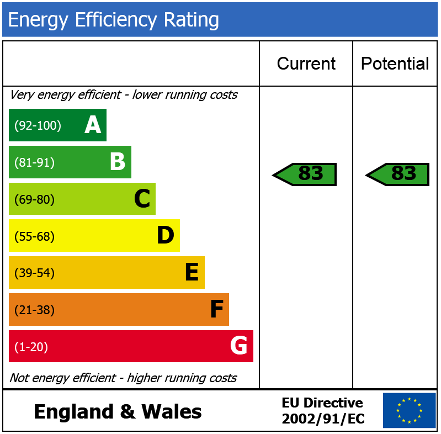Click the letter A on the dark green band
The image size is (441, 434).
pyautogui.click(x=93, y=125)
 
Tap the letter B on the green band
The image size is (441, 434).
pyautogui.click(x=117, y=162)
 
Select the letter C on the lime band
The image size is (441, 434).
pyautogui.click(x=142, y=199)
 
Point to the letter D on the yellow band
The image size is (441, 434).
pyautogui.click(x=166, y=236)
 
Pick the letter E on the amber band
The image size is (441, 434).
pyautogui.click(x=191, y=273)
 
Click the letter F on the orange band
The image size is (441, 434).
pyautogui.click(x=216, y=310)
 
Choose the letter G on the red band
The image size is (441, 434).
pyautogui.click(x=238, y=346)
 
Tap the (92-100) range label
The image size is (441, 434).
pyautogui.click(x=38, y=126)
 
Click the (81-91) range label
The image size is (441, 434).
pyautogui.click(x=34, y=163)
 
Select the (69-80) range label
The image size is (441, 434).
pyautogui.click(x=34, y=200)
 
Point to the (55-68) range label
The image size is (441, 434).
pyautogui.click(x=34, y=236)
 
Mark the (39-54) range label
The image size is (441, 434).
pyautogui.click(x=34, y=273)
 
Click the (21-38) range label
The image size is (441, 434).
pyautogui.click(x=34, y=310)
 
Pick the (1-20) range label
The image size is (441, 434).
pyautogui.click(x=31, y=347)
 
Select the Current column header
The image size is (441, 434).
pyautogui.click(x=306, y=63)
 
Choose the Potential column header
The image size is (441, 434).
pyautogui.click(x=395, y=63)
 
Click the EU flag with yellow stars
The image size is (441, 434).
pyautogui.click(x=409, y=410)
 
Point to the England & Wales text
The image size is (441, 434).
pyautogui.click(x=118, y=412)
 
